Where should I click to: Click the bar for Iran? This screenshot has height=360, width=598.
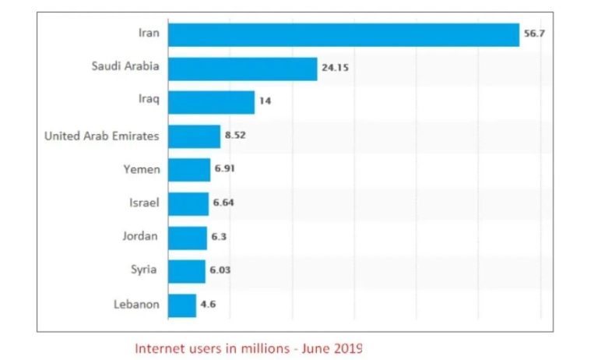343,35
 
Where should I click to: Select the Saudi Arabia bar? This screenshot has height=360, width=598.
242,69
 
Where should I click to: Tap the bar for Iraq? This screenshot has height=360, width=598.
211,102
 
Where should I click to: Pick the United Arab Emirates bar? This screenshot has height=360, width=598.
194,136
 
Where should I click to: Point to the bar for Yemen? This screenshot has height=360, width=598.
189,170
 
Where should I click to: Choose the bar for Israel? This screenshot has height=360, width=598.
188,203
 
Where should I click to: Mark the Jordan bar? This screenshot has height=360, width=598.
188,238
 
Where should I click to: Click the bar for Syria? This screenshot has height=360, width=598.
187,271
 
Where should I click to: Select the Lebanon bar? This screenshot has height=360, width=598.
182,305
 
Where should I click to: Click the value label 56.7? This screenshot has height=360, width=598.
534,35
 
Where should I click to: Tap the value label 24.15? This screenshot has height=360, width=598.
334,69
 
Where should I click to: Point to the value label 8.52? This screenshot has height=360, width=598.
235,136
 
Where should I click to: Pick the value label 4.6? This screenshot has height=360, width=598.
208,305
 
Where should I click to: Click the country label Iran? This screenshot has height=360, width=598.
148,34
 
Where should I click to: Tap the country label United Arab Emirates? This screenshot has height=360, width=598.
102,136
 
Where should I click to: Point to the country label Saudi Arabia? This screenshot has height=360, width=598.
125,66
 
